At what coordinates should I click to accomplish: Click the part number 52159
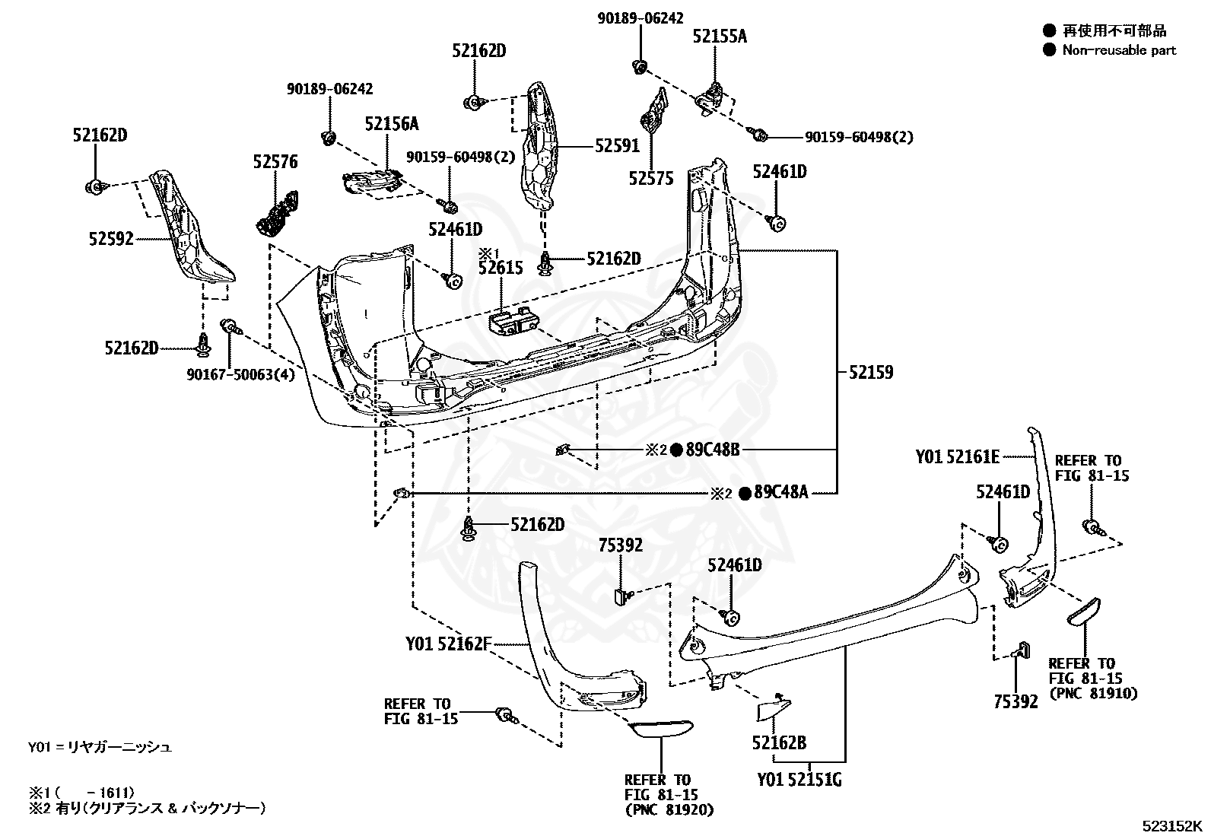coord(870,372)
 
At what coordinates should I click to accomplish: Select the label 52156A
coord(392,124)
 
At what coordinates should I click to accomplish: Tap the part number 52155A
coord(720,37)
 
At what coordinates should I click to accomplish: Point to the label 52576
coord(275,161)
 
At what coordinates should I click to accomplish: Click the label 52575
coord(651,178)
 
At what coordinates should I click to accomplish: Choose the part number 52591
coord(618,145)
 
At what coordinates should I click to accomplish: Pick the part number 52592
coord(111,238)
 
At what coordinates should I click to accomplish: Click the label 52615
coord(501,268)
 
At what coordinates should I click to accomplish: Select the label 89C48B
coord(713,450)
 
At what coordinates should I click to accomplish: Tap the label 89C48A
coord(781,492)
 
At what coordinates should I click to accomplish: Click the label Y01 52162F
coord(449,644)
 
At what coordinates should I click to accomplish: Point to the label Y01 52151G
coord(799,779)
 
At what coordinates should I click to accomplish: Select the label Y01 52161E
coord(958,457)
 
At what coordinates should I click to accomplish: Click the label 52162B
coord(779,742)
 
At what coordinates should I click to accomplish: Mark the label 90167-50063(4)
coord(241,374)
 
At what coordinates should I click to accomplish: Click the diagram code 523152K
coord(1171,825)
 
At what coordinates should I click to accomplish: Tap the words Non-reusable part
coord(1119,50)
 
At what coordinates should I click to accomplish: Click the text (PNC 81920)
coord(669,809)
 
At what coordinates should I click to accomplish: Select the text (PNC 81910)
coord(1093,693)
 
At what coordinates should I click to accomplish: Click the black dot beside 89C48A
coord(745,493)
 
